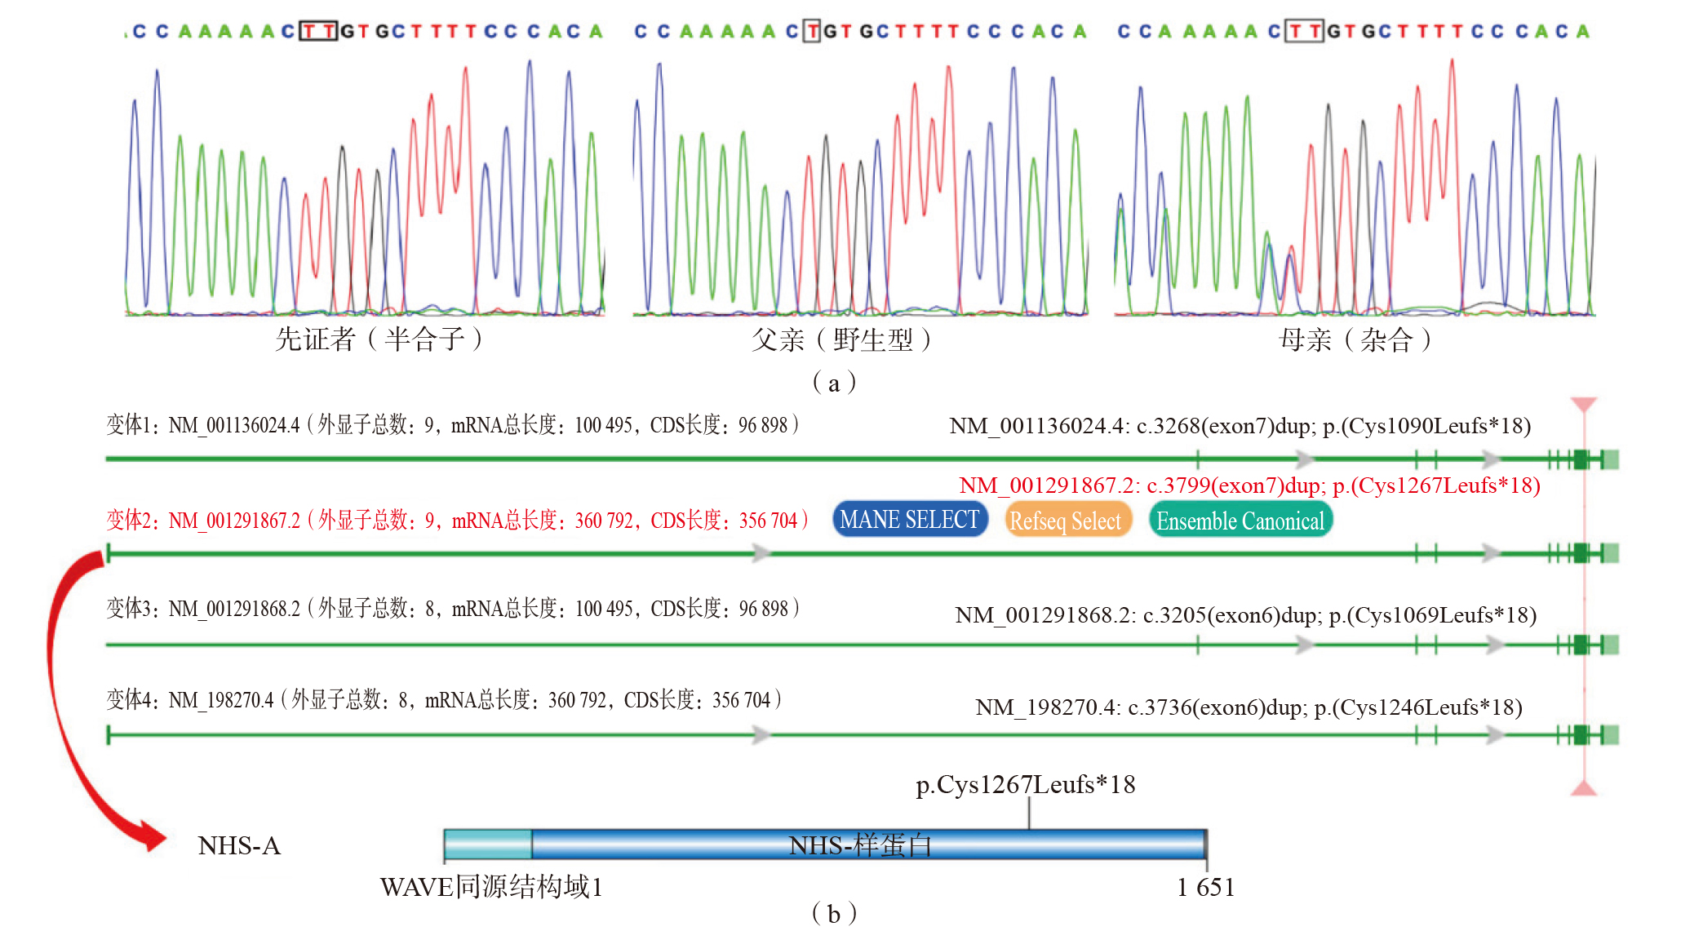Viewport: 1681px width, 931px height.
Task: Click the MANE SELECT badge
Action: coord(910,520)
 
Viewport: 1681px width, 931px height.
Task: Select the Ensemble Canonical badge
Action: coord(1240,521)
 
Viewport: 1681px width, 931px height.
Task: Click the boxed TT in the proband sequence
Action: coord(318,31)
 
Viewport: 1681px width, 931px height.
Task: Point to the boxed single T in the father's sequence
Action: coord(812,31)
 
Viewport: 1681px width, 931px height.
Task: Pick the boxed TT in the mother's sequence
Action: coord(1304,31)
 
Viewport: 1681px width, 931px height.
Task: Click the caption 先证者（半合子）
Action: coord(379,339)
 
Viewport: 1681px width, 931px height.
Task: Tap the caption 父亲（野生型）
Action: coord(840,339)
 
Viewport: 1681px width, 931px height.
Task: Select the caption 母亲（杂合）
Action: coord(1355,339)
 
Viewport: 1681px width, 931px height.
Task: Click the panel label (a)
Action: coord(834,383)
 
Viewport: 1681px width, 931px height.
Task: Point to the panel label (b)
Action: coord(834,913)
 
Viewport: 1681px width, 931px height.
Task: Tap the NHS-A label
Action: coord(239,845)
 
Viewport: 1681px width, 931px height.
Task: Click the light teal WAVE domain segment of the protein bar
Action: coord(488,845)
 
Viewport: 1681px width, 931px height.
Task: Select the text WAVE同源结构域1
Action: coord(491,887)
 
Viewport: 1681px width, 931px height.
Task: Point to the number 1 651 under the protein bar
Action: coord(1205,887)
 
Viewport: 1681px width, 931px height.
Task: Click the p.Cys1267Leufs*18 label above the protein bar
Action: coord(1026,785)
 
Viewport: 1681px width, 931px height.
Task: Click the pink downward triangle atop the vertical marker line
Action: coord(1584,405)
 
